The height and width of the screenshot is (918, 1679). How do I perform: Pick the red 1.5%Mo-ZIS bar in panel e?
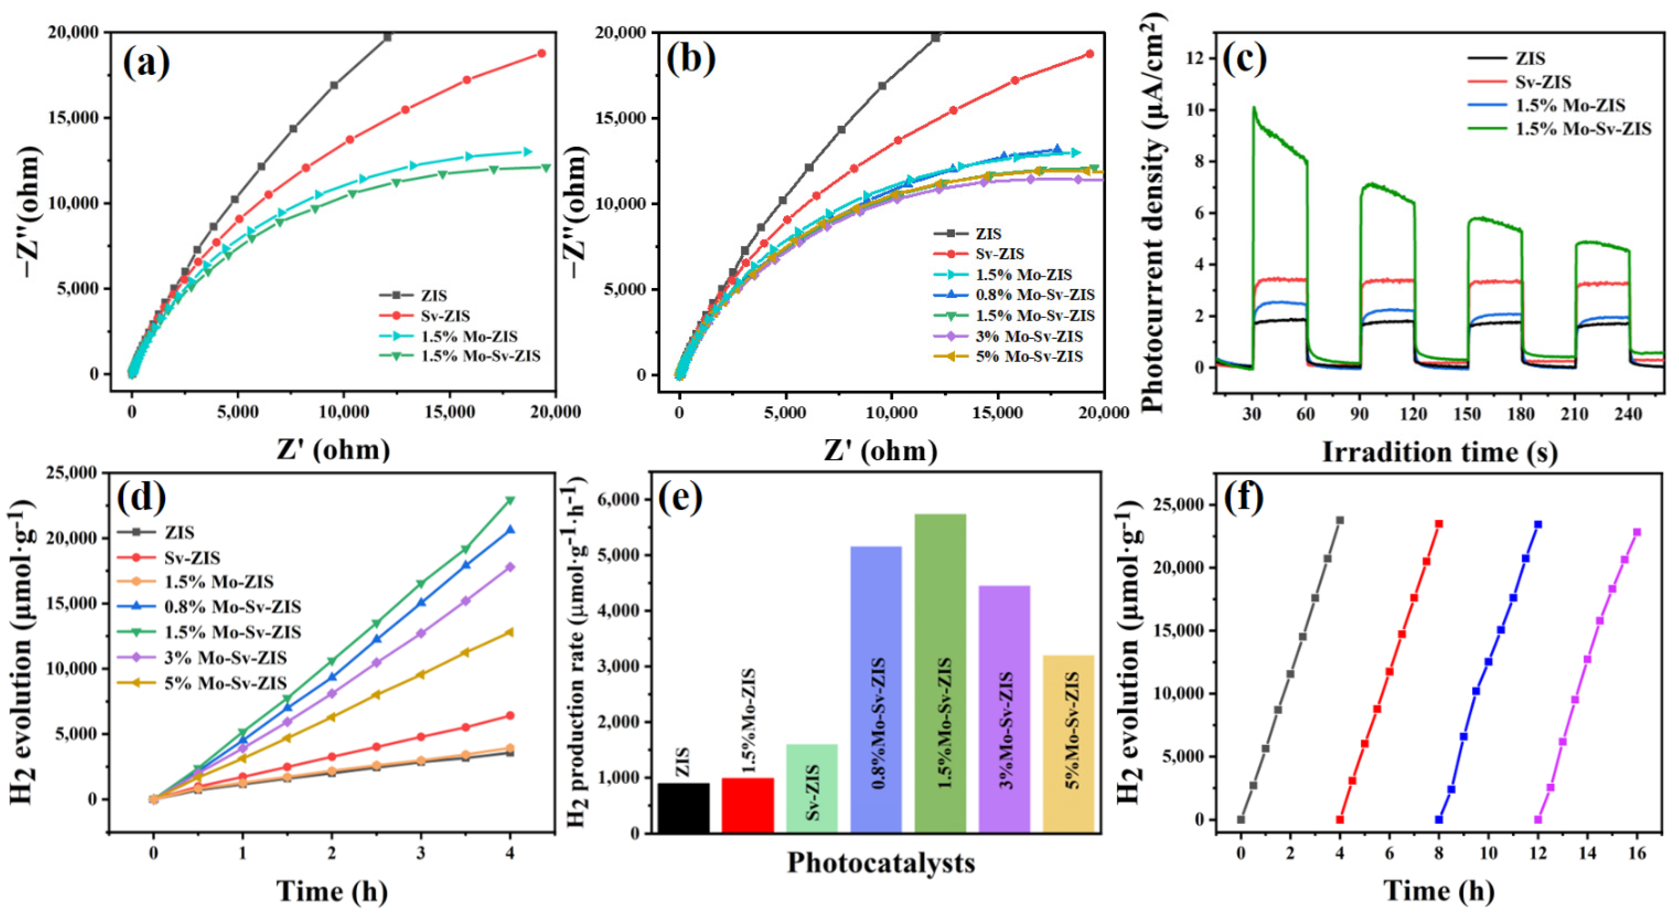748,805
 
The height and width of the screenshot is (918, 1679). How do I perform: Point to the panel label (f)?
1243,497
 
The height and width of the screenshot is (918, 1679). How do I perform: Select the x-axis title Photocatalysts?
881,863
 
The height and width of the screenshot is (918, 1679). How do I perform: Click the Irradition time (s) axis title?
1440,452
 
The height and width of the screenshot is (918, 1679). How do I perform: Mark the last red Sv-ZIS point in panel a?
541,53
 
